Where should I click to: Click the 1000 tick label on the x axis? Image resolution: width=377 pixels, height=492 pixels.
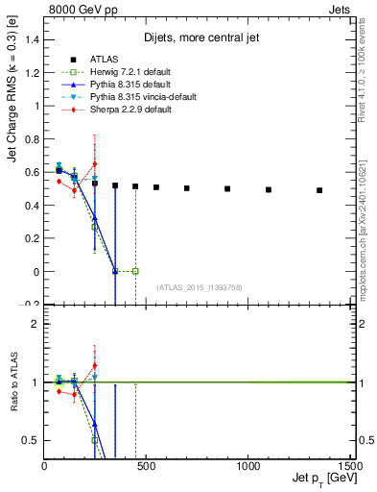(x=247, y=465)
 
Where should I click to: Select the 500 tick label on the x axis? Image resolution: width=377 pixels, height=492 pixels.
(x=146, y=465)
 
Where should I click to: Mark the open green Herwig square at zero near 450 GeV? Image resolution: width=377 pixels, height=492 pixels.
(x=135, y=271)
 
